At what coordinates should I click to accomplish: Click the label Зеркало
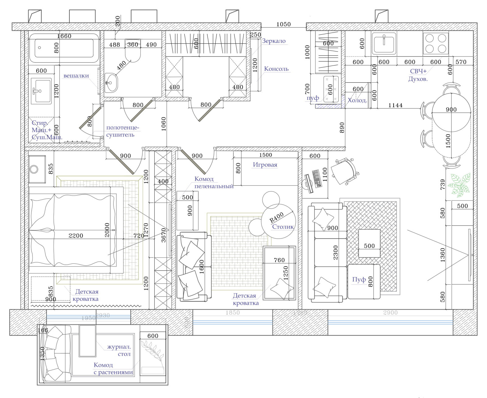274,41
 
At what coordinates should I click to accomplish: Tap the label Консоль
276,69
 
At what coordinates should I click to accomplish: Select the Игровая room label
265,165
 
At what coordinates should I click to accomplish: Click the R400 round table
278,221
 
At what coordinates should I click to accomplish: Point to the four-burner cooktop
436,43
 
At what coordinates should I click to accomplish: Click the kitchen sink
384,43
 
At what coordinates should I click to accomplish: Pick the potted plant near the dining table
460,184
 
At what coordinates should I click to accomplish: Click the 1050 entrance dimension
283,24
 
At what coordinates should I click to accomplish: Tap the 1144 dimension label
395,105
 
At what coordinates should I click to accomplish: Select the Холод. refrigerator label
357,100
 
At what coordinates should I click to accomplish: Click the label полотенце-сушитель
122,131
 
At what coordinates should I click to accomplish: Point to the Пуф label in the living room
359,279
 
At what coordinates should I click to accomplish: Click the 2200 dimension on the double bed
76,236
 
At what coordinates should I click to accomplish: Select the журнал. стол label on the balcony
119,350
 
